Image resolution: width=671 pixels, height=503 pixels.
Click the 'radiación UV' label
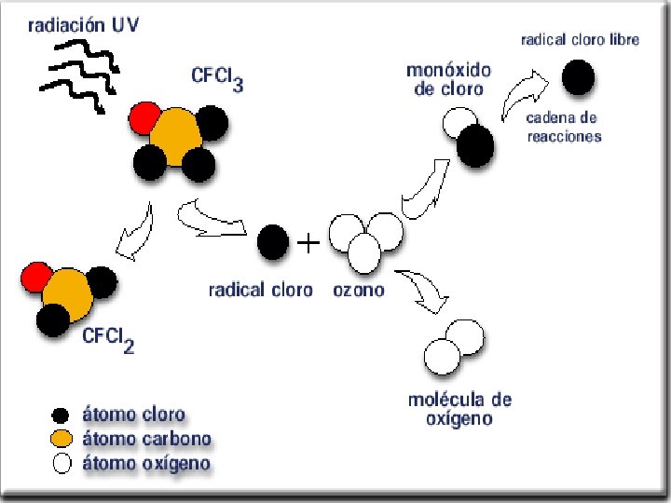coord(84,26)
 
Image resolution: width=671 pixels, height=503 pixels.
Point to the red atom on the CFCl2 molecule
coord(37,278)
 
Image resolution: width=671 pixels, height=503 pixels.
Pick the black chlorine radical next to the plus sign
coord(272,243)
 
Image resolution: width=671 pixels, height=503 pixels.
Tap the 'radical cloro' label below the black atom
coord(260,291)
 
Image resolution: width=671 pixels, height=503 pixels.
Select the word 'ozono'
coord(358,291)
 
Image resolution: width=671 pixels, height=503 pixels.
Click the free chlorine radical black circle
coord(579,75)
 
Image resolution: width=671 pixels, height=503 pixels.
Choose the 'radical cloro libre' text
coord(579,41)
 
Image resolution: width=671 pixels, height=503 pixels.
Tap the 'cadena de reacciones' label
coord(564,127)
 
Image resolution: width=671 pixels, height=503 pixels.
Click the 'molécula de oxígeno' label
coord(459,409)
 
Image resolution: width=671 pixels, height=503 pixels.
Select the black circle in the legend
coord(62,415)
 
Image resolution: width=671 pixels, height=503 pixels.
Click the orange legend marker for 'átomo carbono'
coord(62,439)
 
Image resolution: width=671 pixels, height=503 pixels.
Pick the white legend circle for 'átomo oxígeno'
coord(62,463)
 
